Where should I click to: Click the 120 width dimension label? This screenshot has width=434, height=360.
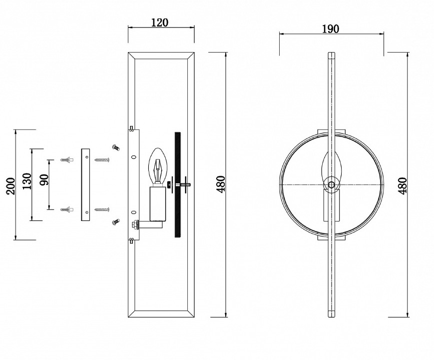(x=160, y=22)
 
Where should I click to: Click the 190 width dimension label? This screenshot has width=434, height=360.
(x=331, y=29)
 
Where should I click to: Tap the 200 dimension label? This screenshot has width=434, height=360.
(x=11, y=186)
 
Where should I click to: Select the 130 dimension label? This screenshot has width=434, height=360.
(x=27, y=181)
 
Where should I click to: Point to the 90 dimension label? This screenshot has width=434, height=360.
(x=44, y=180)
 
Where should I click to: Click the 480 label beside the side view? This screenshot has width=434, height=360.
(x=221, y=183)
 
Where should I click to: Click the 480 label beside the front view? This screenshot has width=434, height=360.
(x=403, y=185)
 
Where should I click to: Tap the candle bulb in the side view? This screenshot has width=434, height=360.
(x=158, y=166)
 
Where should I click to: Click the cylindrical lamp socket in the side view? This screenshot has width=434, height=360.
(x=158, y=203)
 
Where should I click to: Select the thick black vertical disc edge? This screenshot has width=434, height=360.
(x=178, y=184)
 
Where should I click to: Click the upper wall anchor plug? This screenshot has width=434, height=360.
(x=67, y=160)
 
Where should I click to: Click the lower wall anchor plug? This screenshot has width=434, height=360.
(x=67, y=209)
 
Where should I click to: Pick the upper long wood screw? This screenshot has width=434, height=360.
(x=102, y=160)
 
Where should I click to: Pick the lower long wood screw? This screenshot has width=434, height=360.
(x=102, y=209)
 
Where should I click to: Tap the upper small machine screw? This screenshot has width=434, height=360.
(x=116, y=147)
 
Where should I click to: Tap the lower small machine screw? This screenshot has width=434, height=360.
(x=116, y=221)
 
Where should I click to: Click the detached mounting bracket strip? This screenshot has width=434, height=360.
(x=85, y=185)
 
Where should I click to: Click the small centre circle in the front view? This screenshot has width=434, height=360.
(x=331, y=184)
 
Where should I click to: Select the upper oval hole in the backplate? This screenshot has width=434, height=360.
(x=134, y=157)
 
